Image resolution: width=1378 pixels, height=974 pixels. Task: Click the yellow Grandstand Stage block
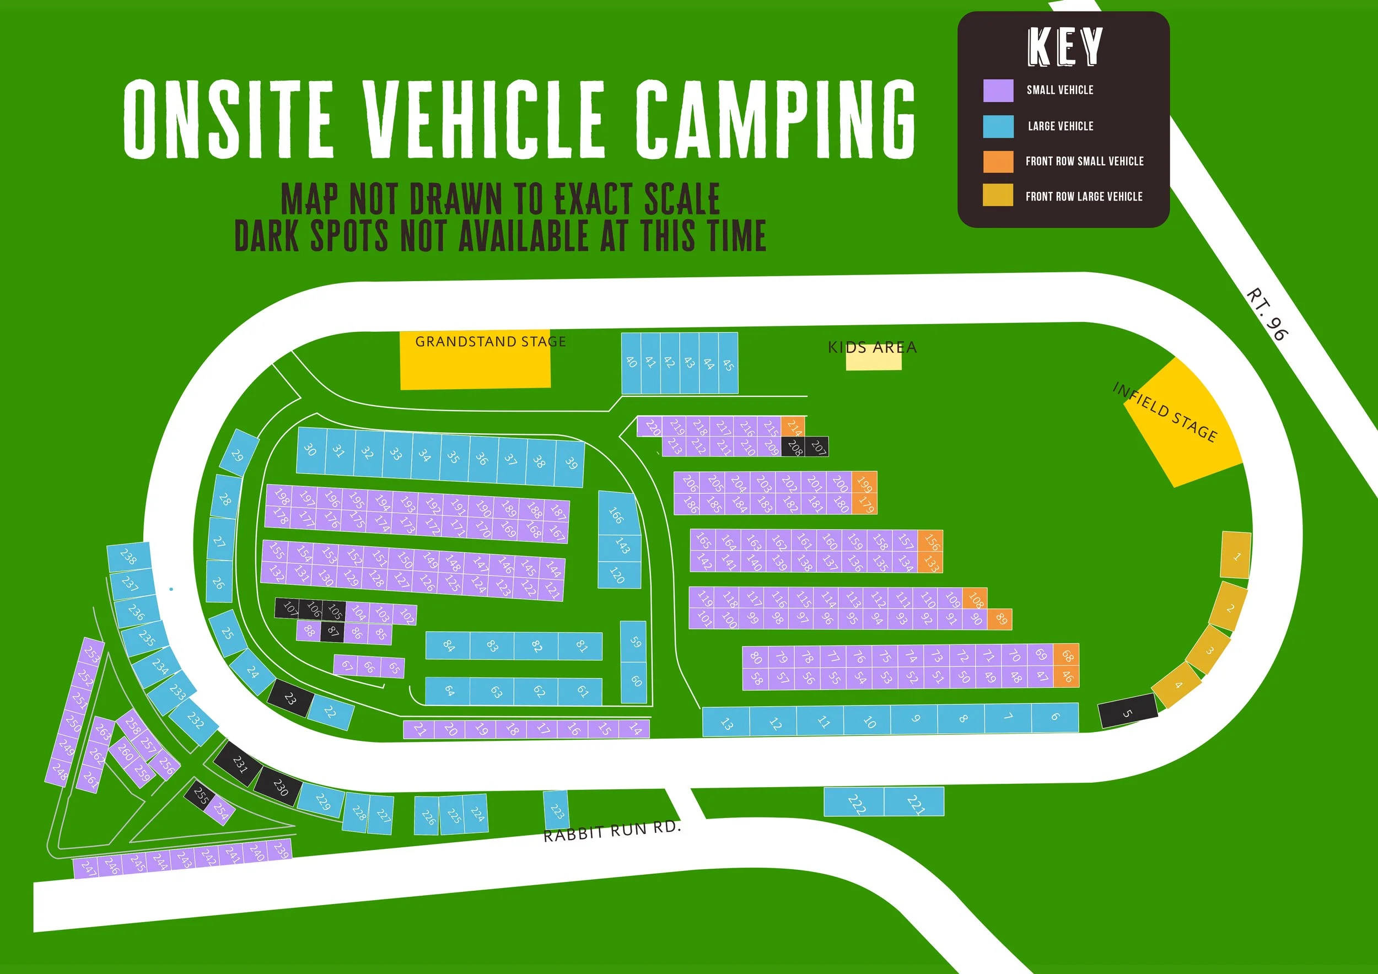point(475,366)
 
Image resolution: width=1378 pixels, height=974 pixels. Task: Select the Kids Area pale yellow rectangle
point(873,360)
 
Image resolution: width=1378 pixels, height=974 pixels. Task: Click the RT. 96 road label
point(1267,314)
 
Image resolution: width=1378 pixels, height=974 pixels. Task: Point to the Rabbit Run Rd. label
point(612,831)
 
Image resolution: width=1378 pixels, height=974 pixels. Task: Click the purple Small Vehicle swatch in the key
point(998,90)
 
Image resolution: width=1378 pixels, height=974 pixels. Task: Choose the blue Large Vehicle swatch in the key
point(998,126)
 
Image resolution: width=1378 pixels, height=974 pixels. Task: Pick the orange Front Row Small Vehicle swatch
point(998,162)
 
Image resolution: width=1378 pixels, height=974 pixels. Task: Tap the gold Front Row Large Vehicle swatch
point(998,196)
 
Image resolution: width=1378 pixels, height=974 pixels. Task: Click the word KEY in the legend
point(1065,47)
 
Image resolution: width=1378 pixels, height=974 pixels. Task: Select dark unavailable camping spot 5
point(1128,712)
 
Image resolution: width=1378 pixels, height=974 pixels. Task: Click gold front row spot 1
point(1236,556)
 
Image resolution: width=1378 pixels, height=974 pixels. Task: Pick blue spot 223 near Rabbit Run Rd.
point(556,810)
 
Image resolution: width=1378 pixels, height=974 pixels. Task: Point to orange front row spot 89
point(1000,618)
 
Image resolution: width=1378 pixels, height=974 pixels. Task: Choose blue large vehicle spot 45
point(728,363)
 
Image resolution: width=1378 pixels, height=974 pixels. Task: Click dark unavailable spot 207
point(818,446)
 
